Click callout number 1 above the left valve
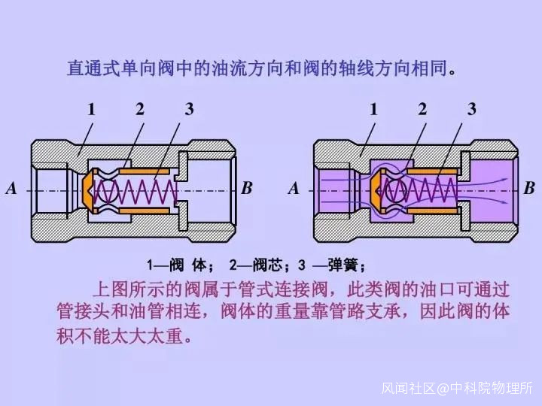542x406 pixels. pos(92,109)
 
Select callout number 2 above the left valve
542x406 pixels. pos(140,109)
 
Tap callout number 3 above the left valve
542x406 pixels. pos(189,109)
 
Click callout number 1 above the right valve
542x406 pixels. pos(374,109)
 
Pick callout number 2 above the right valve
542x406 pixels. pos(422,109)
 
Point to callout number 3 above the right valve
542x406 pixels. pos(471,109)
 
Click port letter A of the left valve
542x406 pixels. pos(11,189)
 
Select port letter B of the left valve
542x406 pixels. pos(247,189)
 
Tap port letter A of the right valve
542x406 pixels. pos(294,189)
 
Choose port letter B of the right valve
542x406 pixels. pos(529,189)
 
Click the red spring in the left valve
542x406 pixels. pos(143,192)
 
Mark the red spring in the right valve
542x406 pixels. pos(425,192)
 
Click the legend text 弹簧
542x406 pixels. pos(346,265)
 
